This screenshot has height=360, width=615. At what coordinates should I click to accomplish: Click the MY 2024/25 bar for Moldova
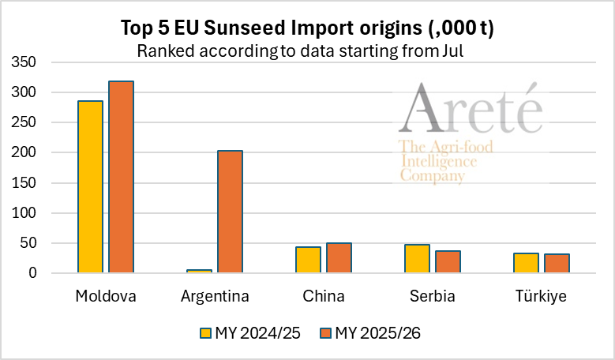click(91, 187)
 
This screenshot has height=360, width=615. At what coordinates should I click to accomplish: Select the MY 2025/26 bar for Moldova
click(121, 177)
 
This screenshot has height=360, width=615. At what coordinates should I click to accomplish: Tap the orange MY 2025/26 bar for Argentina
click(230, 212)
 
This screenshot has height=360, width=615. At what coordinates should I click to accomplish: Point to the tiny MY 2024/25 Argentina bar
click(200, 271)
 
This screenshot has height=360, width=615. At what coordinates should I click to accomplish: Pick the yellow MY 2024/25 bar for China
click(309, 260)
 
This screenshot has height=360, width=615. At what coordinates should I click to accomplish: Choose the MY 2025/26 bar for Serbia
click(448, 262)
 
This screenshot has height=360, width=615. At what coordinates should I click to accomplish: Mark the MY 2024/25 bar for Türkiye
click(527, 263)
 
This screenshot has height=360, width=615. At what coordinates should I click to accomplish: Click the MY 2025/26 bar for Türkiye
click(557, 264)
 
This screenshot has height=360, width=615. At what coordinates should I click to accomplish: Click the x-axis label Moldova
click(106, 296)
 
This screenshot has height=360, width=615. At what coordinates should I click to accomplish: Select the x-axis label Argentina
click(215, 296)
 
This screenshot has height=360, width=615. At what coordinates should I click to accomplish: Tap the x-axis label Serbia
click(433, 296)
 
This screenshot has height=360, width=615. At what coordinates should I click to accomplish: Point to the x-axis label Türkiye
click(542, 296)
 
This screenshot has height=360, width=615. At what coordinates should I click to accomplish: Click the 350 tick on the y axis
click(23, 62)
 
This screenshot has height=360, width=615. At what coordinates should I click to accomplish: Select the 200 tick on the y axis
click(23, 152)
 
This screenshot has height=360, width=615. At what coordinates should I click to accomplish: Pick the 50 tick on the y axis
click(27, 243)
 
